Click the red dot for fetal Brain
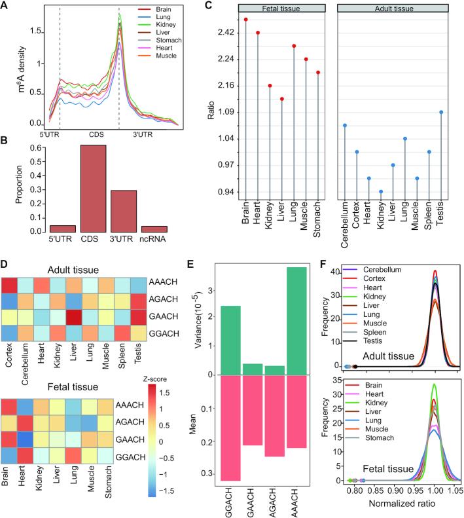coord(246,20)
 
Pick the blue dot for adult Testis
coord(442,112)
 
